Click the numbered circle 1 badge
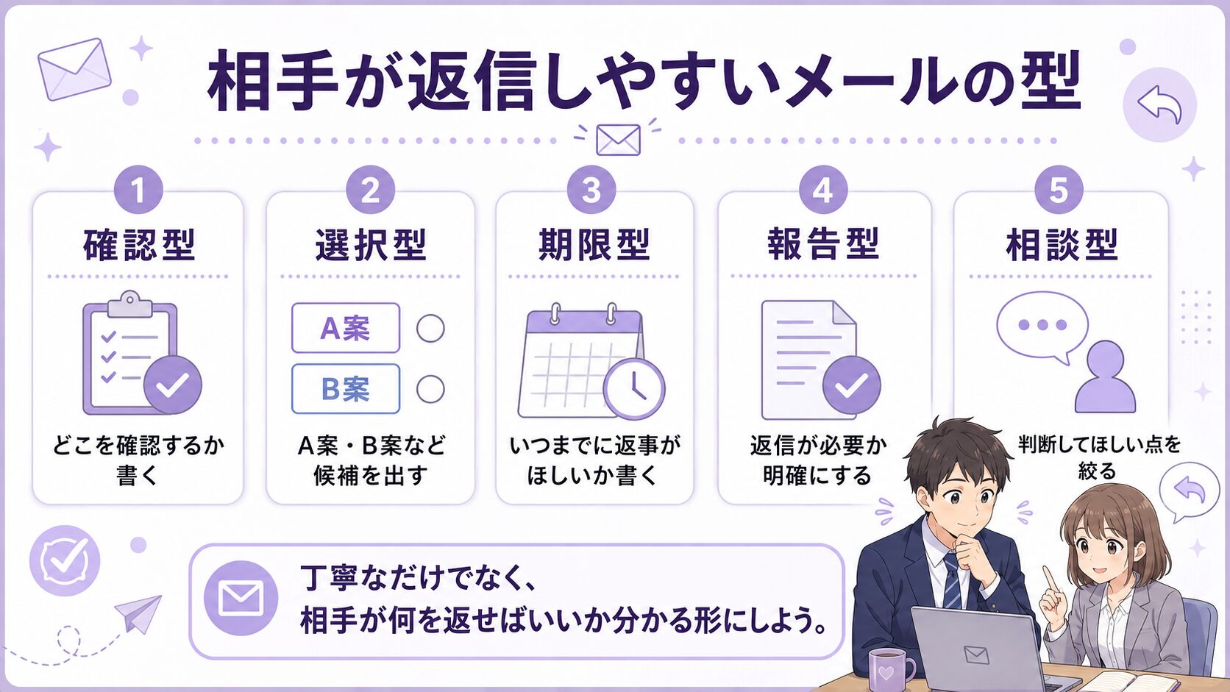click(138, 190)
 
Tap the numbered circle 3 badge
click(591, 190)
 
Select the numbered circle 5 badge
click(1059, 190)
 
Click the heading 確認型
click(140, 245)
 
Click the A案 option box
click(346, 328)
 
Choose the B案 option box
click(346, 388)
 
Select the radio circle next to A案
click(430, 329)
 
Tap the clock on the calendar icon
click(634, 389)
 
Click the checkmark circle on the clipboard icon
click(172, 385)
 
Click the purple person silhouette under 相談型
click(1105, 377)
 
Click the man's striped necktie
click(952, 581)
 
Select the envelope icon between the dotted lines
click(618, 140)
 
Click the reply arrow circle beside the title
click(1159, 104)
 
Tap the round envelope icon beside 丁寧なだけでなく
click(241, 598)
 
